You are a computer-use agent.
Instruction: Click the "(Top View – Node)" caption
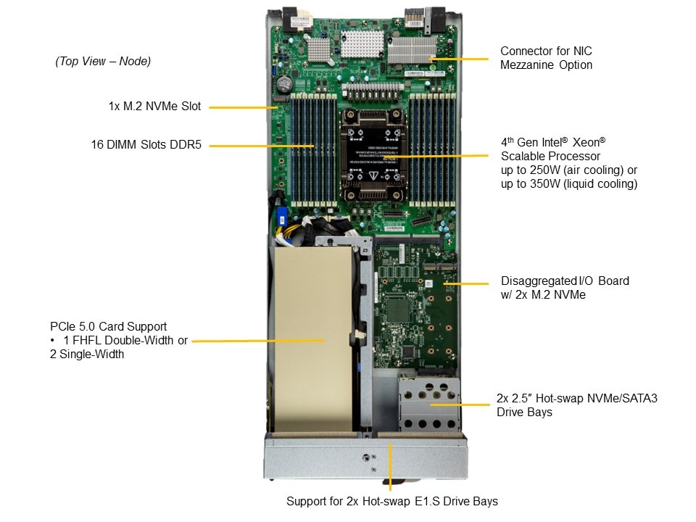click(x=103, y=61)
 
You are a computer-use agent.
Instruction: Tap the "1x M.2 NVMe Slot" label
click(x=154, y=106)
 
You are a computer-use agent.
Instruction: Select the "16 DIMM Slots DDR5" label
click(x=146, y=145)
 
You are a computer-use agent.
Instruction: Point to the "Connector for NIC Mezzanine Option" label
click(x=546, y=58)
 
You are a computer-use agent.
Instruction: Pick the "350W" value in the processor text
click(x=545, y=183)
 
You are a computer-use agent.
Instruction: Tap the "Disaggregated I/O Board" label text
click(x=565, y=281)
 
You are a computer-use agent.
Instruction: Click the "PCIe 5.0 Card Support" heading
click(x=108, y=327)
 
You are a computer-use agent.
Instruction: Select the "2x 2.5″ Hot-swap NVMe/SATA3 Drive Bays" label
click(x=576, y=405)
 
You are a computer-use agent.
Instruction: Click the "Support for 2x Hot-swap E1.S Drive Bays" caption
click(x=392, y=501)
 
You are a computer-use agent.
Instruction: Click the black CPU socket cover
click(x=373, y=156)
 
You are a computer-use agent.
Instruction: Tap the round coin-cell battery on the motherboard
click(x=283, y=83)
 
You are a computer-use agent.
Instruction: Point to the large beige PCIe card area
click(x=313, y=339)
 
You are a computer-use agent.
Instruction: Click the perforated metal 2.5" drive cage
click(x=428, y=405)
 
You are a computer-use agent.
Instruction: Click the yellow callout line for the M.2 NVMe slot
click(x=244, y=107)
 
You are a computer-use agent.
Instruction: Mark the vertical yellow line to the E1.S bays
click(x=390, y=466)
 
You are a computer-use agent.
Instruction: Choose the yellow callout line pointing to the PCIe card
click(x=258, y=341)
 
